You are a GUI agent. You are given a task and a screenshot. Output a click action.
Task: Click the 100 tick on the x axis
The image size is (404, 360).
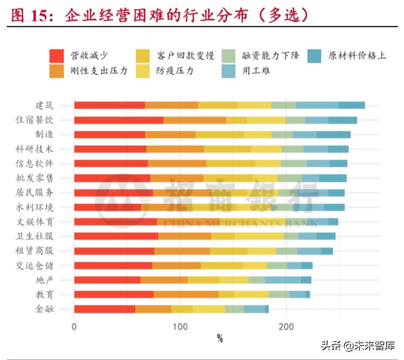pyautogui.click(x=180, y=326)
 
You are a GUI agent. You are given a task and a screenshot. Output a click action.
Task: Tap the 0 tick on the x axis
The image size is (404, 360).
pyautogui.click(x=74, y=326)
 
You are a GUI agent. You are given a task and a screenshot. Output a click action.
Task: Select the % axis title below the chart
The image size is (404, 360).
pyautogui.click(x=220, y=339)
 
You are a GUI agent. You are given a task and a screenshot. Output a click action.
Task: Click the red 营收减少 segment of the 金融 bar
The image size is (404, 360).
pyautogui.click(x=104, y=309)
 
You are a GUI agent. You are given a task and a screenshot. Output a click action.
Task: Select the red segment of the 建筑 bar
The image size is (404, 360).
pyautogui.click(x=110, y=105)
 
